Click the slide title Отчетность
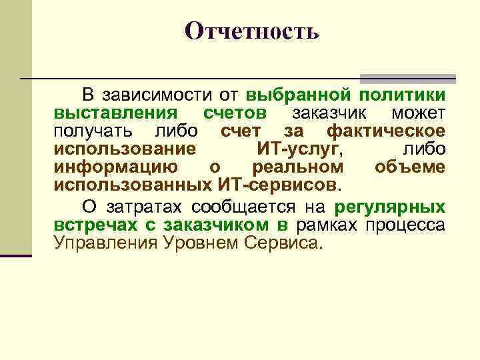pos(252,31)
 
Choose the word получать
pos(94,130)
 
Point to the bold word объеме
pos(409,166)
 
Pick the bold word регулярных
pos(390,205)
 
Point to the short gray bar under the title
pos(407,78)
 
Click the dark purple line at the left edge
pos(16,255)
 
